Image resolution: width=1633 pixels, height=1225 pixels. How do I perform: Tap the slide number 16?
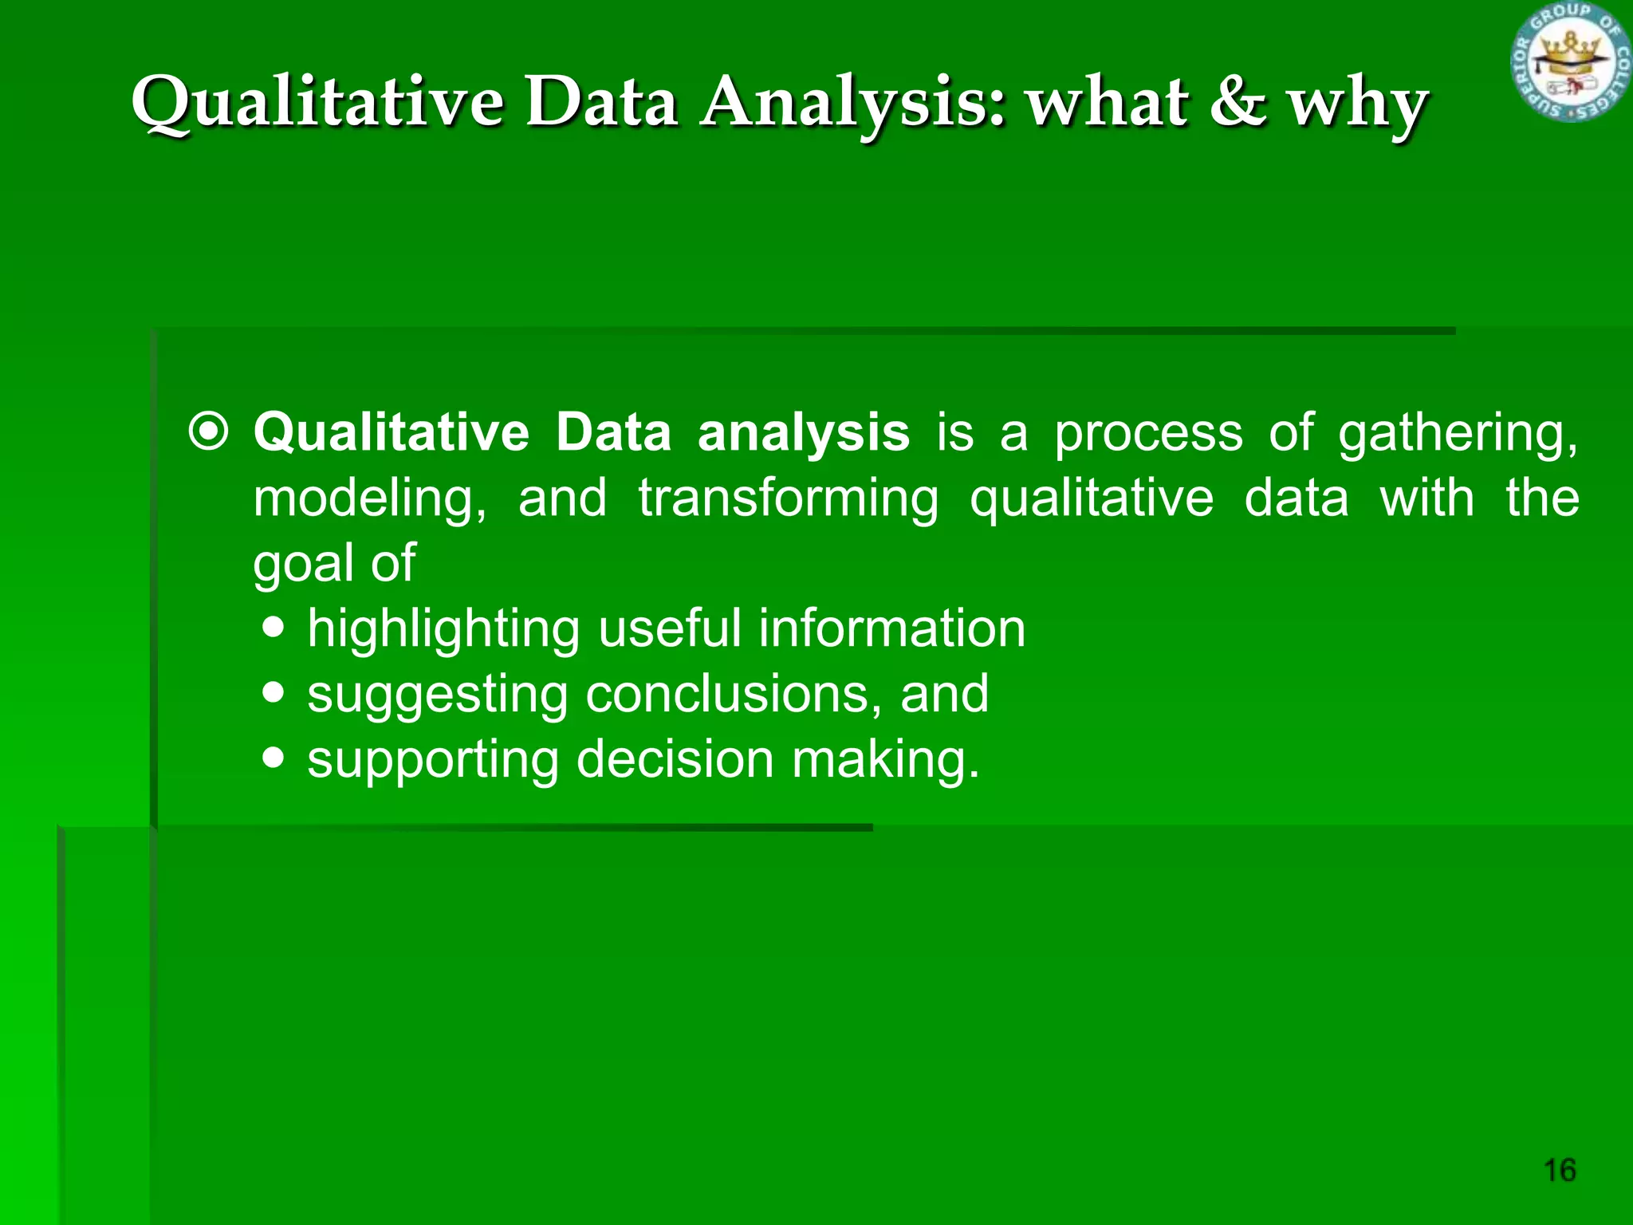click(x=1560, y=1170)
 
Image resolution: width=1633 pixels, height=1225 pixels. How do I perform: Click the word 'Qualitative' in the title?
click(x=317, y=104)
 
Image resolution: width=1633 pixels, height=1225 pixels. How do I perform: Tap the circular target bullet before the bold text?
click(x=209, y=432)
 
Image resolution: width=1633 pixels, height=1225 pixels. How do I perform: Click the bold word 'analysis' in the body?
click(x=803, y=432)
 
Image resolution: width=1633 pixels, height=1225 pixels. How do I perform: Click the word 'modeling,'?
click(x=369, y=499)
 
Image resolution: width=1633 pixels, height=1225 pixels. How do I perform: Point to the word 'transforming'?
click(x=788, y=499)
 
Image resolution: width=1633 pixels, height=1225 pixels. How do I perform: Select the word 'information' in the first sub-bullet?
click(x=891, y=628)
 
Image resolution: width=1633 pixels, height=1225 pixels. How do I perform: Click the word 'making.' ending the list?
click(x=885, y=759)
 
